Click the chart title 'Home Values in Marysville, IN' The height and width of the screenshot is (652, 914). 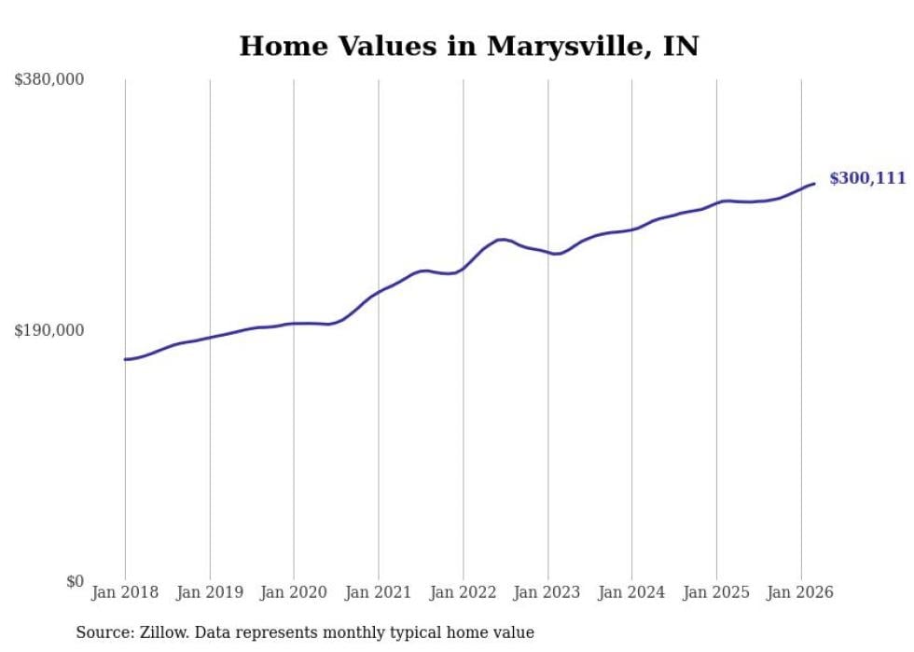pos(468,46)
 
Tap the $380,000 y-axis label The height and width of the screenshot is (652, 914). pos(49,80)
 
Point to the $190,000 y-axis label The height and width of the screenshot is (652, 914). pos(49,330)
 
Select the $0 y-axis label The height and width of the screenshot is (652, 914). pos(75,581)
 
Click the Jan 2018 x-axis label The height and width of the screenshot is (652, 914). pos(125,592)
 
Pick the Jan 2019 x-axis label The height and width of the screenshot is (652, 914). pos(210,592)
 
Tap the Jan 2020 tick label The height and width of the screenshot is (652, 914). pos(294,592)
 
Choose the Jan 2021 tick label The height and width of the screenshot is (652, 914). pos(379,592)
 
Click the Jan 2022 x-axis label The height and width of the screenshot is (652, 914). pos(464,592)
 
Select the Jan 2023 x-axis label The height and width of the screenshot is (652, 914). pos(547,592)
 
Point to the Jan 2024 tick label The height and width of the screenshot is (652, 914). pos(632,592)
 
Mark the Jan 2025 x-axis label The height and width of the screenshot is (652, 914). pos(716,592)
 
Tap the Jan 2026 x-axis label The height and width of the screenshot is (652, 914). pos(801,592)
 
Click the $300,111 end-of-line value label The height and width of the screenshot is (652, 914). pos(867,178)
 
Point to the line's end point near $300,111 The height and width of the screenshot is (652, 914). pos(814,184)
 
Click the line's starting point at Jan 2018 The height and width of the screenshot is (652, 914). pos(125,359)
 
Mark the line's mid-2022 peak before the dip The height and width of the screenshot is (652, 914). pos(502,240)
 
